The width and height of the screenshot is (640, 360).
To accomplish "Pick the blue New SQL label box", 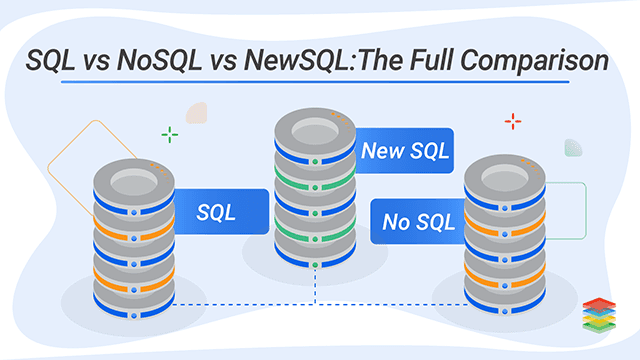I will (x=405, y=152).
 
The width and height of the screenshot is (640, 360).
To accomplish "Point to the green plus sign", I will (x=171, y=134).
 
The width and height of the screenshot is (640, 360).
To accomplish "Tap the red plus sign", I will (x=513, y=122).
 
